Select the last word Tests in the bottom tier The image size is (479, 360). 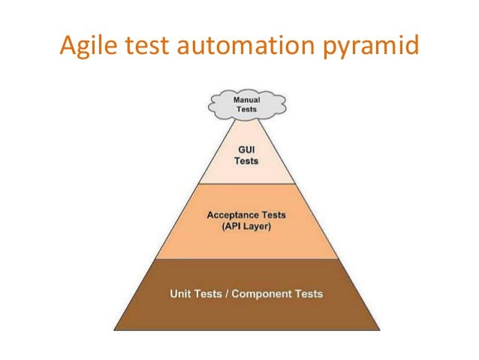pos(309,293)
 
